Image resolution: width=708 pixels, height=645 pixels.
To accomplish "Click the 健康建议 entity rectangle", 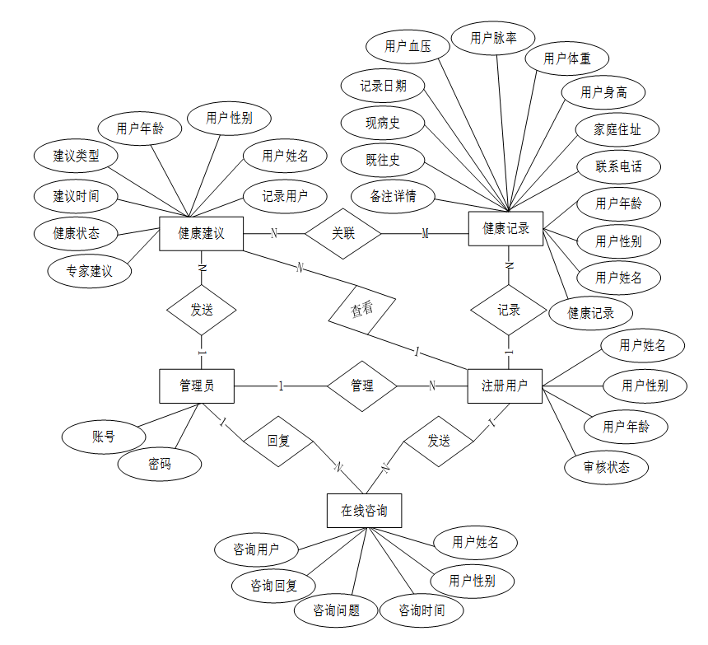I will click(201, 233).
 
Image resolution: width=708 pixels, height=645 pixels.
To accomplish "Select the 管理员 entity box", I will click(196, 386).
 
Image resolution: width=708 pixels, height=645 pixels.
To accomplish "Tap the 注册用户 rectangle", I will click(505, 386).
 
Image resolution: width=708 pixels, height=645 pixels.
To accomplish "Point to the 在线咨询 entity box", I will click(364, 511).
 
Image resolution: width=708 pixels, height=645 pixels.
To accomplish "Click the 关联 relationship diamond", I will click(342, 233).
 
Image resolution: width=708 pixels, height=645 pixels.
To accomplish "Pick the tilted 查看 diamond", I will click(361, 310).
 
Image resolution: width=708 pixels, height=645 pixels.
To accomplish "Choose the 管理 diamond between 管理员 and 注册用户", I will click(361, 386).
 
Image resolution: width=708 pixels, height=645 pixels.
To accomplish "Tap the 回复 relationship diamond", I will click(278, 441).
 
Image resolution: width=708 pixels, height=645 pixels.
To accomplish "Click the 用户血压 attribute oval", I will click(408, 47).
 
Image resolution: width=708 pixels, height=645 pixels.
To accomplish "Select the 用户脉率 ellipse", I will click(493, 38).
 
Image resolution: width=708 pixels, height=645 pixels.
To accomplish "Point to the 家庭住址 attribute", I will click(617, 129).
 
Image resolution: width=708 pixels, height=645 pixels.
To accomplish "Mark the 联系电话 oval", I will click(619, 167).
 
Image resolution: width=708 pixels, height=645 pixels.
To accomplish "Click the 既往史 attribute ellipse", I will click(383, 160).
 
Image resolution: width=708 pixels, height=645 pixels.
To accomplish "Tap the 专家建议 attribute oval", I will click(89, 271).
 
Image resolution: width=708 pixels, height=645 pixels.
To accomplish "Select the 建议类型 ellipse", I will click(76, 156).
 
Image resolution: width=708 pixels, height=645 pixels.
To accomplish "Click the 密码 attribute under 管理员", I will click(160, 465).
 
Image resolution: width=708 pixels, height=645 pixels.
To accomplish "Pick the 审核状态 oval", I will click(607, 467).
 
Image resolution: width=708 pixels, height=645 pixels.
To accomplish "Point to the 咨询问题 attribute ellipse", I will click(336, 610).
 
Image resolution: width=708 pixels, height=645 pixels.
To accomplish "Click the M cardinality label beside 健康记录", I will click(425, 234).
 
